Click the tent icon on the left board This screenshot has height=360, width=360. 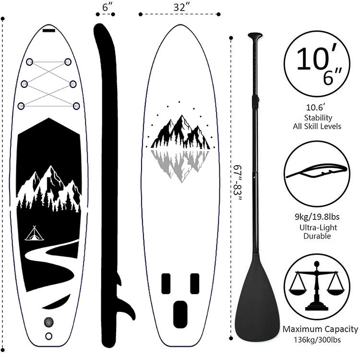coord(34,234)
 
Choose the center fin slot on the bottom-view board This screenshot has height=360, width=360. coord(180,314)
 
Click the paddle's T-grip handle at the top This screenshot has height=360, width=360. coord(255,36)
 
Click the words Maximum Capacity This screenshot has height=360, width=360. coord(320,329)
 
